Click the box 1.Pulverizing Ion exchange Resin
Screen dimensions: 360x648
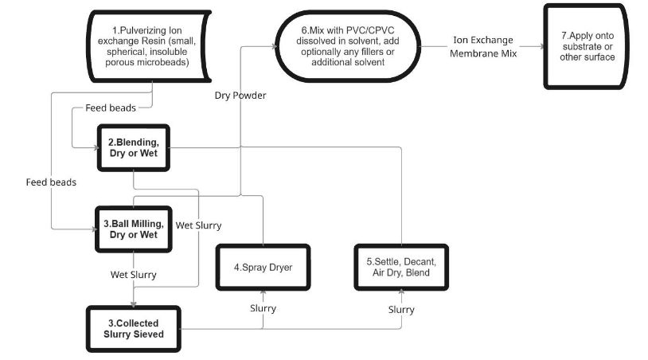coord(151,46)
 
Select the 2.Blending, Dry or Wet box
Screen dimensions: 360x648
coord(134,147)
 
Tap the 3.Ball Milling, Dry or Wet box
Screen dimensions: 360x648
coord(135,229)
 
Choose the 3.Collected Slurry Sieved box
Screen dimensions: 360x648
coord(133,328)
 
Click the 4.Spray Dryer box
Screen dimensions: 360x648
coord(263,268)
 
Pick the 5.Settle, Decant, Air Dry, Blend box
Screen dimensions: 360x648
coord(402,268)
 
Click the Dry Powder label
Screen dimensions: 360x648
coord(240,96)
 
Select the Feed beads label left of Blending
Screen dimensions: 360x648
coord(51,182)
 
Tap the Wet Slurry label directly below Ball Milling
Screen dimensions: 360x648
coord(133,274)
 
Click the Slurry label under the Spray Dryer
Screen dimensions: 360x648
coord(263,308)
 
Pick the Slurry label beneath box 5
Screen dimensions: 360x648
coord(401,308)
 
